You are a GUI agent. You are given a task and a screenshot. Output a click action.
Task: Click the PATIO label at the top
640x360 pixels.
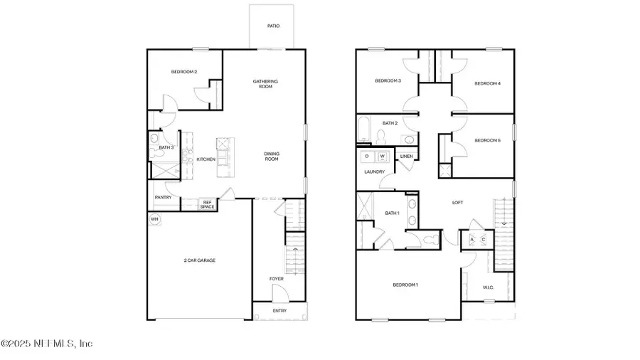coord(273,26)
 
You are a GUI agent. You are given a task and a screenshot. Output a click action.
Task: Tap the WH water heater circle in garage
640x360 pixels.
coord(154,219)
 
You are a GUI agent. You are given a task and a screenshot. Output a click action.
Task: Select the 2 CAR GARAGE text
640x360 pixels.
coord(200,260)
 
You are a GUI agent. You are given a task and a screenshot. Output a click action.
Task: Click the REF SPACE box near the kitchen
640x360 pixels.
coord(207,204)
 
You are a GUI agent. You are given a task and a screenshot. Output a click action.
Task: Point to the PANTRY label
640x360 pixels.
coord(163,197)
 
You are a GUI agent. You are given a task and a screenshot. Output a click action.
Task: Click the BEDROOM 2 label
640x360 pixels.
coord(183,72)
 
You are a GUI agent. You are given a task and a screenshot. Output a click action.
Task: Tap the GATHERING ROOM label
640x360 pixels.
coord(265,84)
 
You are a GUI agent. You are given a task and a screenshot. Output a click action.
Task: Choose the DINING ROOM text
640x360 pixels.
coord(272,157)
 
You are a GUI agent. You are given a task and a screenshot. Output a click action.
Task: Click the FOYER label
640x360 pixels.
coord(276,279)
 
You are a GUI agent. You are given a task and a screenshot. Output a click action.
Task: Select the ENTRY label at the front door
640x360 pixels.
coord(281,312)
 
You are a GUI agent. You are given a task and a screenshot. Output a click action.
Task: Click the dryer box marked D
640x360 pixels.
coord(368,155)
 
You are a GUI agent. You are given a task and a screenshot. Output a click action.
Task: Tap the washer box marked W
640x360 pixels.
coord(382,155)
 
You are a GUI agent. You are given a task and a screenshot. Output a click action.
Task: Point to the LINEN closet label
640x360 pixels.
coord(407,156)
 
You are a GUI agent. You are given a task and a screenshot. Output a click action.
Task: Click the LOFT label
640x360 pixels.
coord(458,203)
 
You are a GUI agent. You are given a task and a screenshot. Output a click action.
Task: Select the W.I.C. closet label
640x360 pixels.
coord(488,287)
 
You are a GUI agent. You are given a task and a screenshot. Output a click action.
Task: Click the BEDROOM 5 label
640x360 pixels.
coord(488,140)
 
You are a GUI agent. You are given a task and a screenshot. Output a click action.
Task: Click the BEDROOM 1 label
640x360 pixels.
coord(405,285)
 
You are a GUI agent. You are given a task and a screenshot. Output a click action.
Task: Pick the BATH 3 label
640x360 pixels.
coord(166,147)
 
